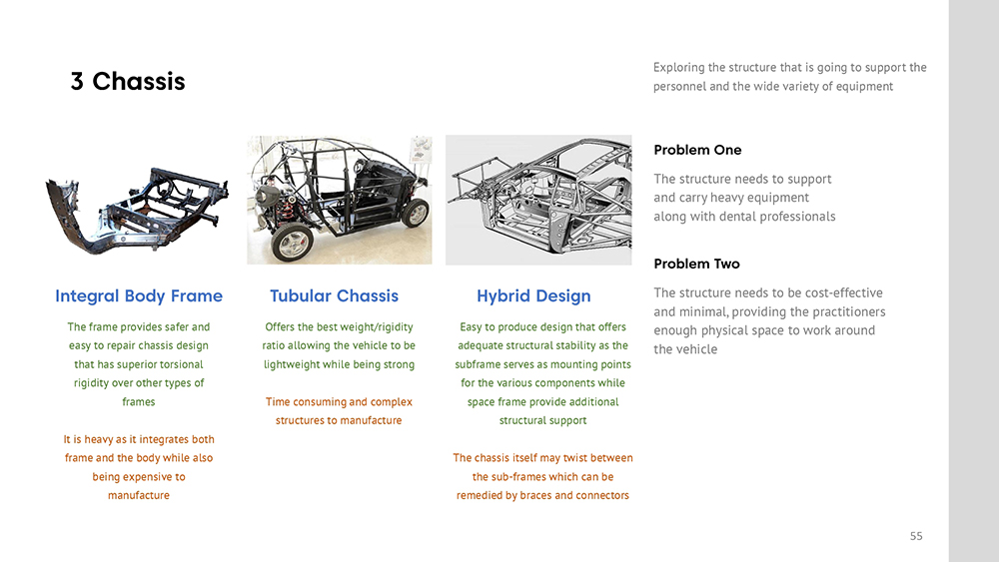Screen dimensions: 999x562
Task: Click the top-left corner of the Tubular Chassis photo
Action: pos(247,136)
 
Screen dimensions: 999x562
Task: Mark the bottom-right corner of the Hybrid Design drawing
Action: pos(631,265)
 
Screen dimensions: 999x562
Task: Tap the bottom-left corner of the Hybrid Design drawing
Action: pos(446,265)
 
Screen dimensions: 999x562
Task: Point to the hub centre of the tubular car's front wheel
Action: pos(294,243)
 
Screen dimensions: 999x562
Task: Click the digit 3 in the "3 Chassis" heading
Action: pos(77,82)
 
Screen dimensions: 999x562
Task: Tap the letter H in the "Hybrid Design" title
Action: pos(483,295)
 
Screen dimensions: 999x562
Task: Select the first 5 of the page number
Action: pos(913,536)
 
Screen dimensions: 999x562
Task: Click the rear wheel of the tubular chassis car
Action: pos(416,214)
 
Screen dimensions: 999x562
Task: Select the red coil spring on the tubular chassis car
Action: pos(289,205)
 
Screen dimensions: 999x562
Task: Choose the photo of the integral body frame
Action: pos(137,210)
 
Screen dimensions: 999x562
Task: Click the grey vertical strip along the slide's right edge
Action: pos(973,281)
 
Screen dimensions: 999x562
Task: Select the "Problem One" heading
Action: pos(697,150)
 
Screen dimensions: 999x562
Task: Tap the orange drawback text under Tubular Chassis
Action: pos(339,411)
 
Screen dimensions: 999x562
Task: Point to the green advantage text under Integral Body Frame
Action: pos(138,364)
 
